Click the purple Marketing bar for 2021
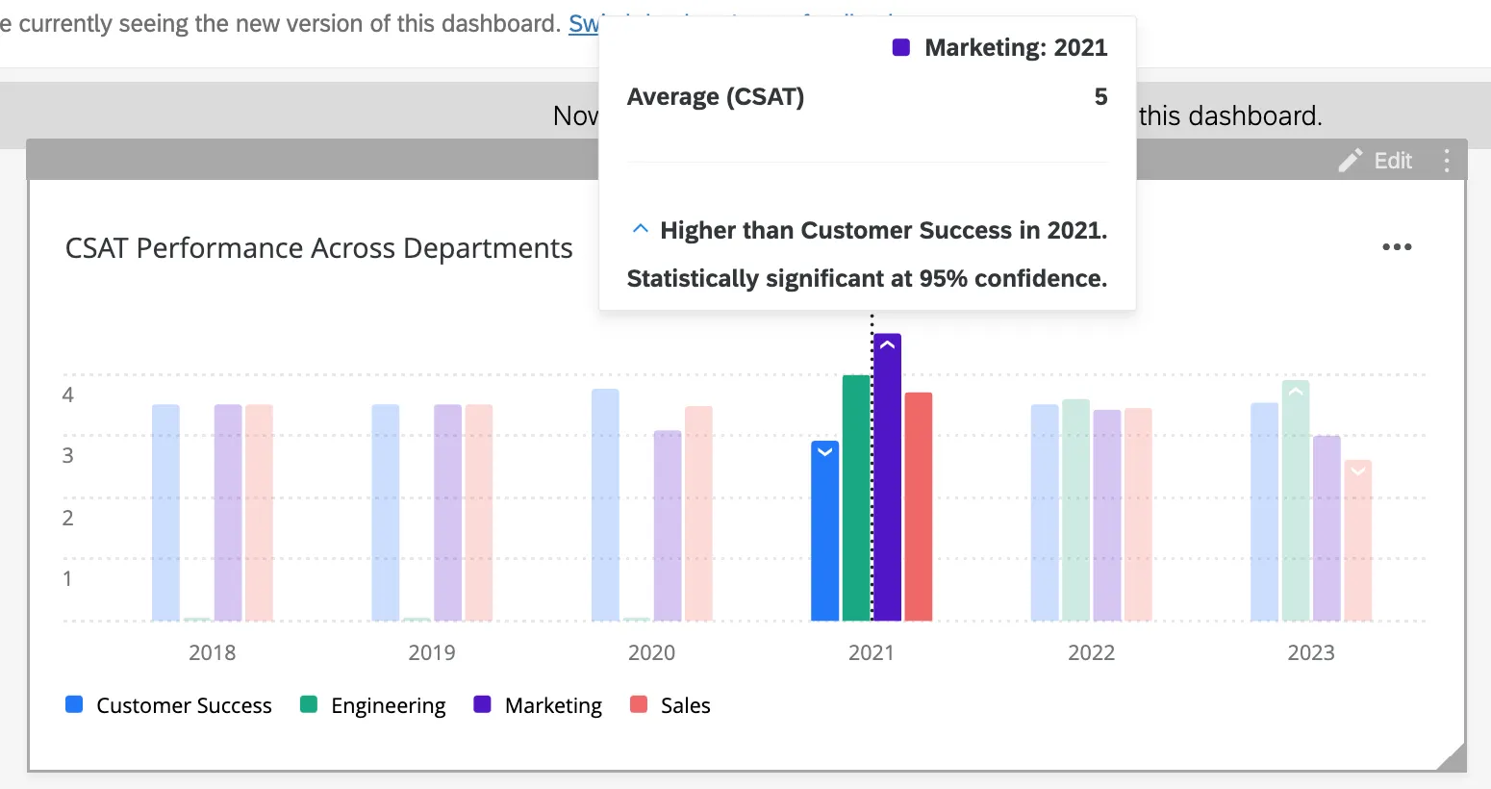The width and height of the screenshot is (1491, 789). (887, 481)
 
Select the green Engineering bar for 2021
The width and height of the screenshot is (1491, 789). (856, 500)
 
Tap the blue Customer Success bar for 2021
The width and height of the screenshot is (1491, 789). (824, 534)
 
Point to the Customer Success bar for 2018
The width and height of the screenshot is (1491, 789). (165, 514)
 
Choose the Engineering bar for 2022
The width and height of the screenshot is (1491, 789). (1075, 511)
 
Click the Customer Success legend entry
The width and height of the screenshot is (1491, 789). (169, 705)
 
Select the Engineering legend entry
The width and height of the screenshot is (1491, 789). (373, 705)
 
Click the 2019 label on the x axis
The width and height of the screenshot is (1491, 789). (432, 652)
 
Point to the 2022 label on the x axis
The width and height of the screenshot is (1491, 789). (1091, 652)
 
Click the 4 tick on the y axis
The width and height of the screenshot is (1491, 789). (67, 394)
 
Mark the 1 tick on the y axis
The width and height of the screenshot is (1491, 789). (67, 578)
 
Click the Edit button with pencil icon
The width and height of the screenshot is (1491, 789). (1377, 161)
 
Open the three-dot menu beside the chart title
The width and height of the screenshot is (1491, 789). (1397, 247)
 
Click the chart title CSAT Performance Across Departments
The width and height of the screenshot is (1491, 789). (318, 248)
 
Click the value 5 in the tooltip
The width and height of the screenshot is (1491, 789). (1100, 97)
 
